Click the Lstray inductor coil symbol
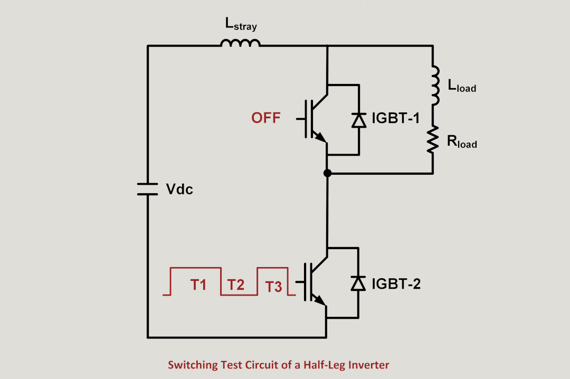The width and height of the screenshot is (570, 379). [x=241, y=43]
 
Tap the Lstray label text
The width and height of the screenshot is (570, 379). [x=241, y=24]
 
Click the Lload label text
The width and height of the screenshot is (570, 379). [x=461, y=86]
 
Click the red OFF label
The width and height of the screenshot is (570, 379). [x=266, y=118]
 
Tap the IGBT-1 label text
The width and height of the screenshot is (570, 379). [x=396, y=118]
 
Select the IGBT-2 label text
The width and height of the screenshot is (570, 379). [x=396, y=284]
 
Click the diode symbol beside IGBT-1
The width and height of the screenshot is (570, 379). [x=359, y=120]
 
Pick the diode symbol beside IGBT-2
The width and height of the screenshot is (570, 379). [x=359, y=283]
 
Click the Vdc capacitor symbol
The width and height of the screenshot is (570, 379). [x=148, y=189]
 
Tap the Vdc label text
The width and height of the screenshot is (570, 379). [x=179, y=189]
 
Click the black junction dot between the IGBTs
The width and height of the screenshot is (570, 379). [x=327, y=173]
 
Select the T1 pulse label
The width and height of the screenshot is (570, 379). [x=198, y=285]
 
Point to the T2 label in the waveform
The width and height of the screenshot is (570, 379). [x=236, y=286]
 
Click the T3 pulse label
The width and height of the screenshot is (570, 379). [x=273, y=287]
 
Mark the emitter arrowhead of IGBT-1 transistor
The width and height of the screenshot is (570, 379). [x=321, y=137]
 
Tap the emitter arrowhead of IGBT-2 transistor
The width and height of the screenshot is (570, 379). [x=321, y=300]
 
